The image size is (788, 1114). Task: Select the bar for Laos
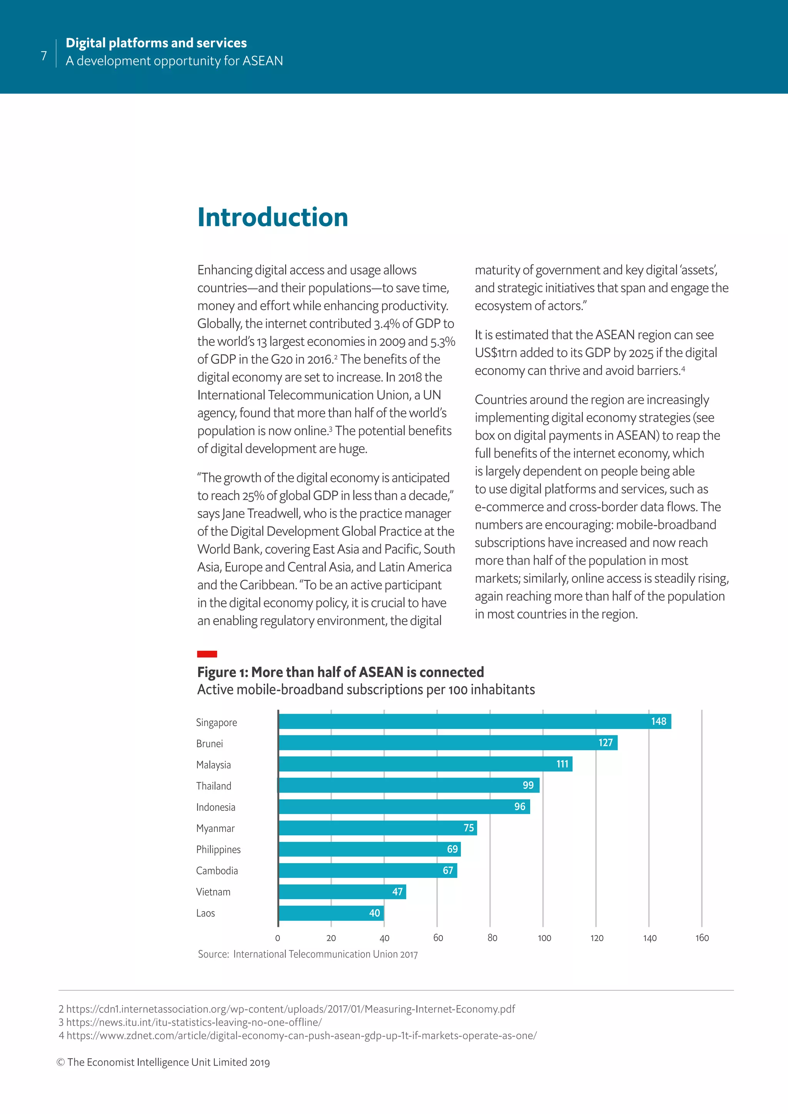tap(331, 913)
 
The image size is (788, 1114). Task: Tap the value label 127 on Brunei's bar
tap(605, 742)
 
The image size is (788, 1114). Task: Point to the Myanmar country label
tap(215, 828)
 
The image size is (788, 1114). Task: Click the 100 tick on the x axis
tap(544, 938)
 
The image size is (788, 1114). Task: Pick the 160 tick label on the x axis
tap(702, 938)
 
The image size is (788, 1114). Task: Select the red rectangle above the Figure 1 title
tap(207, 654)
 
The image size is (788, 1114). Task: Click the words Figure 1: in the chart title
tap(222, 672)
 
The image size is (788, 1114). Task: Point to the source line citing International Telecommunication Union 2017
tap(308, 954)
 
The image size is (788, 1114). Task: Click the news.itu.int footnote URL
tap(194, 1022)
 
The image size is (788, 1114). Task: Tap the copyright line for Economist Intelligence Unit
tap(163, 1062)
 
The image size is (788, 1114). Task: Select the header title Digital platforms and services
tap(156, 43)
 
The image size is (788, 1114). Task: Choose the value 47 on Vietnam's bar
tap(397, 891)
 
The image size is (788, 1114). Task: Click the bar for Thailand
tap(409, 785)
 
